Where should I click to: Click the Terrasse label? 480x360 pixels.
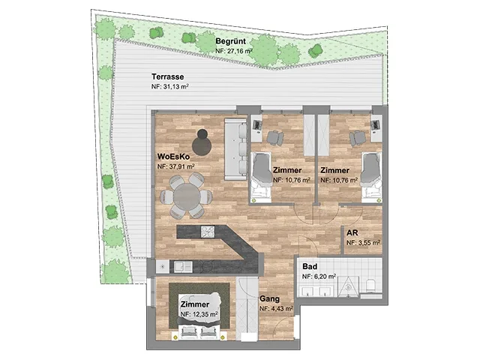168,76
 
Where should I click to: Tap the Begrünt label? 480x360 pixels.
230,41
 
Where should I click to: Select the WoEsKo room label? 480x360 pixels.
173,157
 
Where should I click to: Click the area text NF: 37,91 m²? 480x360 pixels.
176,166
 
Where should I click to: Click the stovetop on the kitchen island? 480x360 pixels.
208,232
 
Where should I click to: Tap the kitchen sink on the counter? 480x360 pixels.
183,267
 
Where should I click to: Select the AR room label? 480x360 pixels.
352,233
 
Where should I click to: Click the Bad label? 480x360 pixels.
310,266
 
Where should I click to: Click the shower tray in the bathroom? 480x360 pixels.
348,286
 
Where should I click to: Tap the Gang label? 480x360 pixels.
269,298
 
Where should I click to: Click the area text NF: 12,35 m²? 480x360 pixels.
199,314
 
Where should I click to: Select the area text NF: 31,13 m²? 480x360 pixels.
170,87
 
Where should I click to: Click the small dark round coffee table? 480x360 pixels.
202,133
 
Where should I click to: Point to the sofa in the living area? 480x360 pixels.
235,149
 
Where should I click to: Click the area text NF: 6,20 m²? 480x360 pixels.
319,277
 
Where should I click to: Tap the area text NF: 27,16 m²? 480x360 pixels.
234,51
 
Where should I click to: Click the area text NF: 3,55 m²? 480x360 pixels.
363,243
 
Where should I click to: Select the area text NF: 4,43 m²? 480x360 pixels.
277,308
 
